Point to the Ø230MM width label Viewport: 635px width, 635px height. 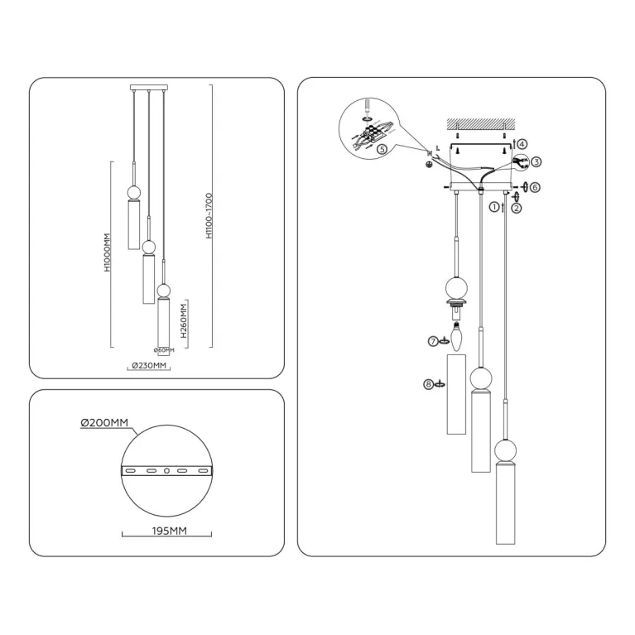coord(150,366)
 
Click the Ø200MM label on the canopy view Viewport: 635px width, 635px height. coord(104,423)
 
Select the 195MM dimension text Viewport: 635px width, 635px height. coord(165,530)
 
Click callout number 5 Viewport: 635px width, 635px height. coord(382,150)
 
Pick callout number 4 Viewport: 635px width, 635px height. coord(522,144)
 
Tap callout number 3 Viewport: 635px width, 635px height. coord(536,162)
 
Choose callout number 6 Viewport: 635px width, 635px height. coord(535,188)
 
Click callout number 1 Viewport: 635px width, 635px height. coord(494,207)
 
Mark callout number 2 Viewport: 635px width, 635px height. coord(516,209)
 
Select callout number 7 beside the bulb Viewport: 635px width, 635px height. coord(432,340)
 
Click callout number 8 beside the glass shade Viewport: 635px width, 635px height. coord(427,384)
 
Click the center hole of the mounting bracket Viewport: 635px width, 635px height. coord(167,470)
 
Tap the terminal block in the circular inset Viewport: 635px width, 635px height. coord(378,132)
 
